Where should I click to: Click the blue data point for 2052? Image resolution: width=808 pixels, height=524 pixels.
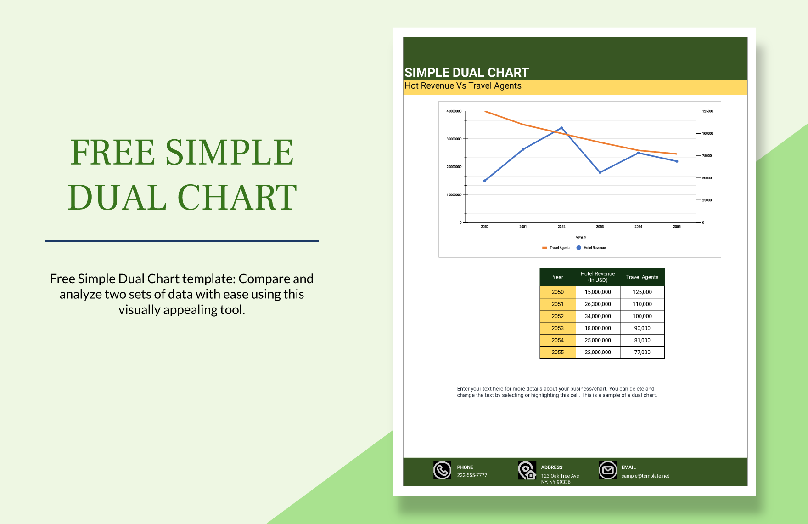[561, 128]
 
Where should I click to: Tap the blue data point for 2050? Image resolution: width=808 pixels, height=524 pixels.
[485, 181]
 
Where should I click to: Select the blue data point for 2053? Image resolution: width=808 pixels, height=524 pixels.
[600, 172]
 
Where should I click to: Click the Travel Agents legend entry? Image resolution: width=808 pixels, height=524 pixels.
[556, 248]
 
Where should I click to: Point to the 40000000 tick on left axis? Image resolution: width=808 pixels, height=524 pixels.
[454, 111]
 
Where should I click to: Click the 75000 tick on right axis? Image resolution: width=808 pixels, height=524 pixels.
[707, 156]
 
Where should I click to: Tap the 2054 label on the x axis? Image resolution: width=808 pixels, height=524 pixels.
[638, 227]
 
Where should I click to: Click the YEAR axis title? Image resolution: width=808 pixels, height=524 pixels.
[581, 238]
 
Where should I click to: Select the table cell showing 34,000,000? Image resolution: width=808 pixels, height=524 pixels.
[598, 316]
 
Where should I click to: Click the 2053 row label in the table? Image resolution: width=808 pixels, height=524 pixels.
[558, 328]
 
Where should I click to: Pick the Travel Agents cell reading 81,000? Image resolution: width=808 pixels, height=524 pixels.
[642, 340]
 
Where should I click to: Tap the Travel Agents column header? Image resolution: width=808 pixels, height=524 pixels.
[642, 277]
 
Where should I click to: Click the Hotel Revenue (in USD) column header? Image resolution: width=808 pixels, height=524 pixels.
[598, 277]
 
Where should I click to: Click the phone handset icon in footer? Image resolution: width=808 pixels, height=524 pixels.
[442, 470]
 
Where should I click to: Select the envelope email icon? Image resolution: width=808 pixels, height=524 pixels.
[608, 470]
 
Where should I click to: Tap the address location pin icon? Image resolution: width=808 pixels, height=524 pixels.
[527, 471]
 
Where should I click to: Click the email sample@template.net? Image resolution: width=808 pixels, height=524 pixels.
[645, 476]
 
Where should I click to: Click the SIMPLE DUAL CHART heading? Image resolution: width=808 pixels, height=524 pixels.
[466, 73]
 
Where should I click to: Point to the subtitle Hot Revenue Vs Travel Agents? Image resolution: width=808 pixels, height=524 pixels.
[463, 86]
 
